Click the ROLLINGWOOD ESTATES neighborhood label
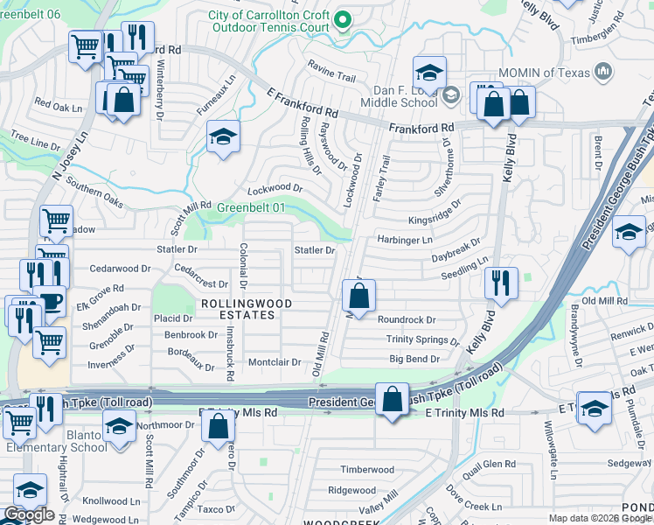click(x=244, y=310)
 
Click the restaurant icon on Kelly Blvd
click(x=501, y=283)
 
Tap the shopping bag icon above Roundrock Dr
click(x=358, y=297)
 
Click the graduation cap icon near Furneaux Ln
click(x=223, y=137)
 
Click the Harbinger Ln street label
click(x=405, y=240)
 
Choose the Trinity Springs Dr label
click(x=423, y=339)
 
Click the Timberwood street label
click(x=362, y=469)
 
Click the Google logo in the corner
click(x=29, y=514)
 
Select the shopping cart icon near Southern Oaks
click(x=56, y=220)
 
